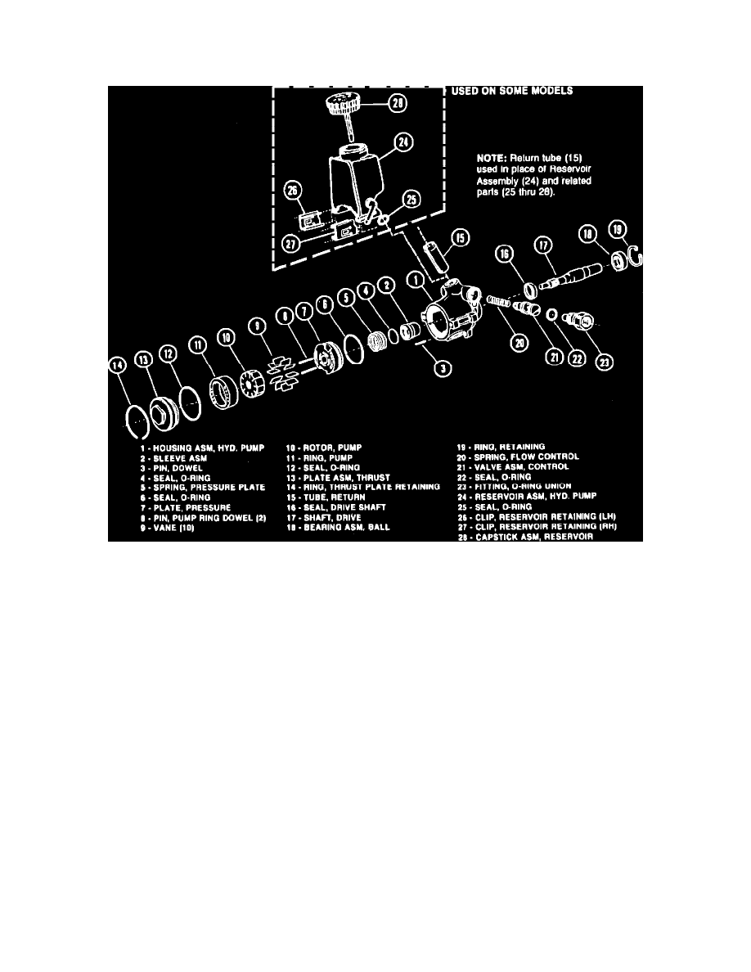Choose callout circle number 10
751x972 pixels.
pos(226,337)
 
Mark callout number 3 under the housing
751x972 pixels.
pos(443,369)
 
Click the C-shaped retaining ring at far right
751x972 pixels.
pos(639,259)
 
